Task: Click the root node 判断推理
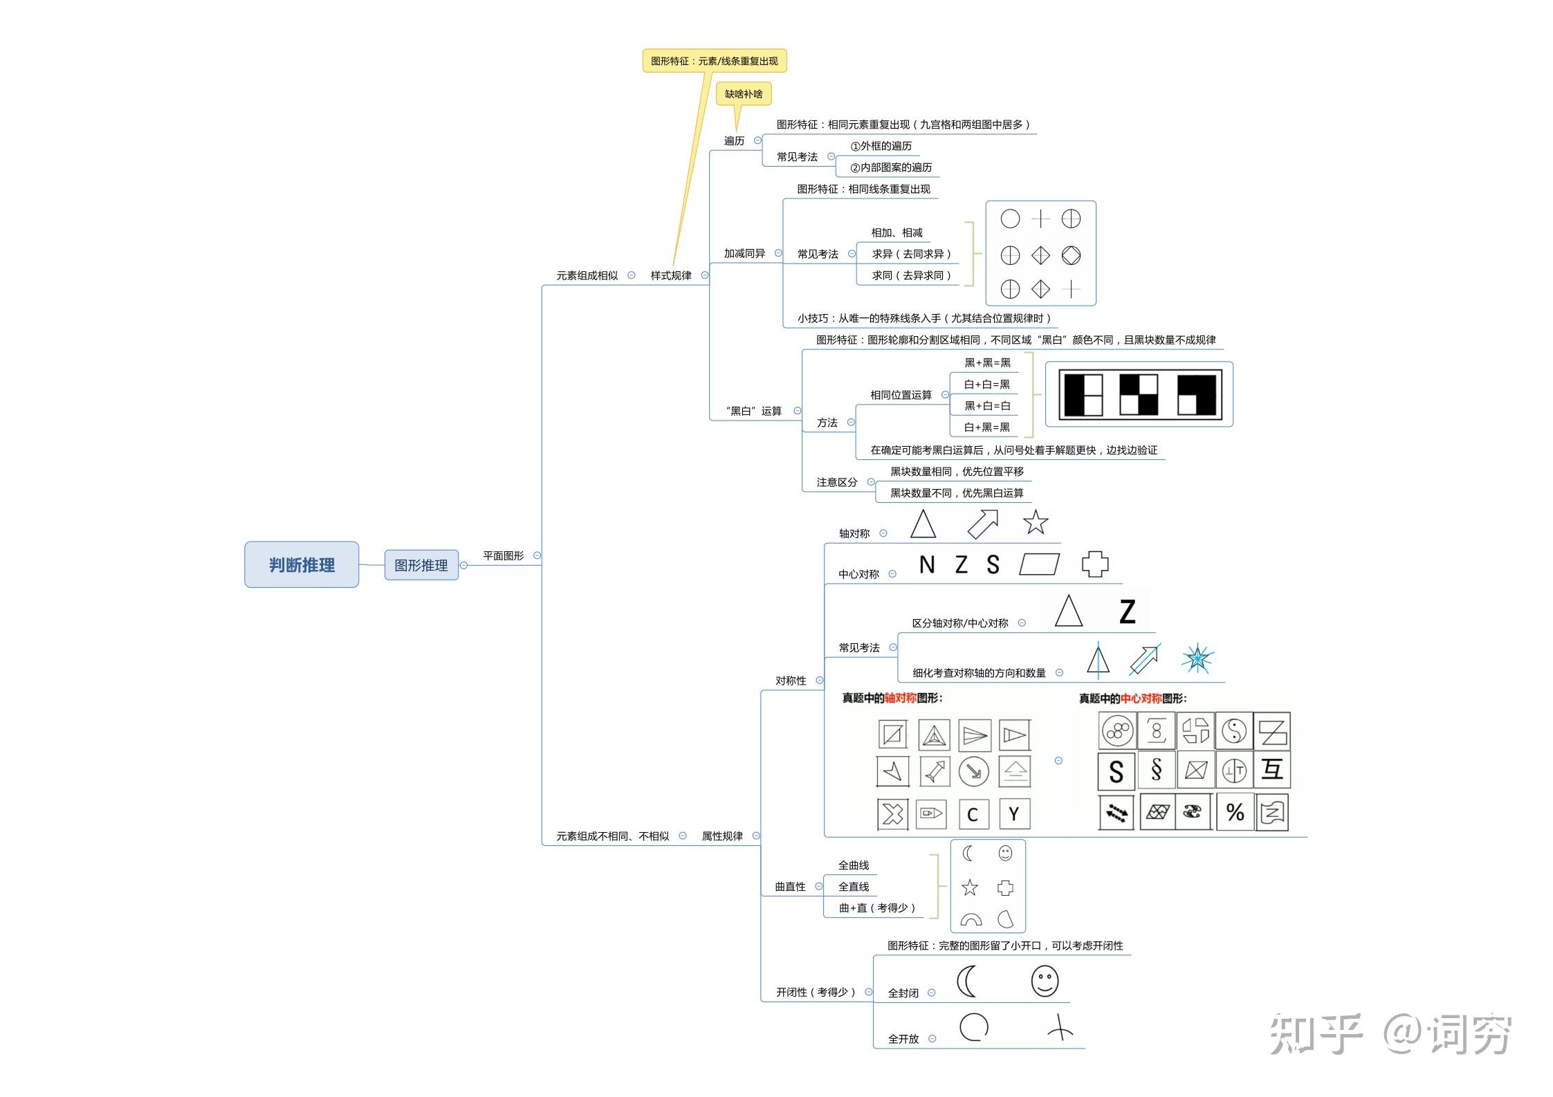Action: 302,564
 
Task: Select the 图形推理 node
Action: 421,565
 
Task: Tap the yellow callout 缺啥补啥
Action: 744,94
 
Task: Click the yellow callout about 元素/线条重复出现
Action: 715,61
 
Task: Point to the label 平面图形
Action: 504,555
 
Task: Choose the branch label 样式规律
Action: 671,275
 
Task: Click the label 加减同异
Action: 744,254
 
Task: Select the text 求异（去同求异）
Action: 912,254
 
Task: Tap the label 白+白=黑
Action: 987,384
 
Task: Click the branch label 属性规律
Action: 722,836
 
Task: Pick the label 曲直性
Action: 790,887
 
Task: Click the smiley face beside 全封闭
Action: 1045,981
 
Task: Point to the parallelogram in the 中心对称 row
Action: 1040,564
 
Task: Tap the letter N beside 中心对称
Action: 927,565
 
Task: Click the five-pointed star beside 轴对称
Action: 1036,522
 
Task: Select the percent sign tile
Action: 1235,812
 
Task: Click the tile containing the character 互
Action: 1272,769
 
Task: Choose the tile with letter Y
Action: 1014,814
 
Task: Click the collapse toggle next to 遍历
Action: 757,140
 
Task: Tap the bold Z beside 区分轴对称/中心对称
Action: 1128,612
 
